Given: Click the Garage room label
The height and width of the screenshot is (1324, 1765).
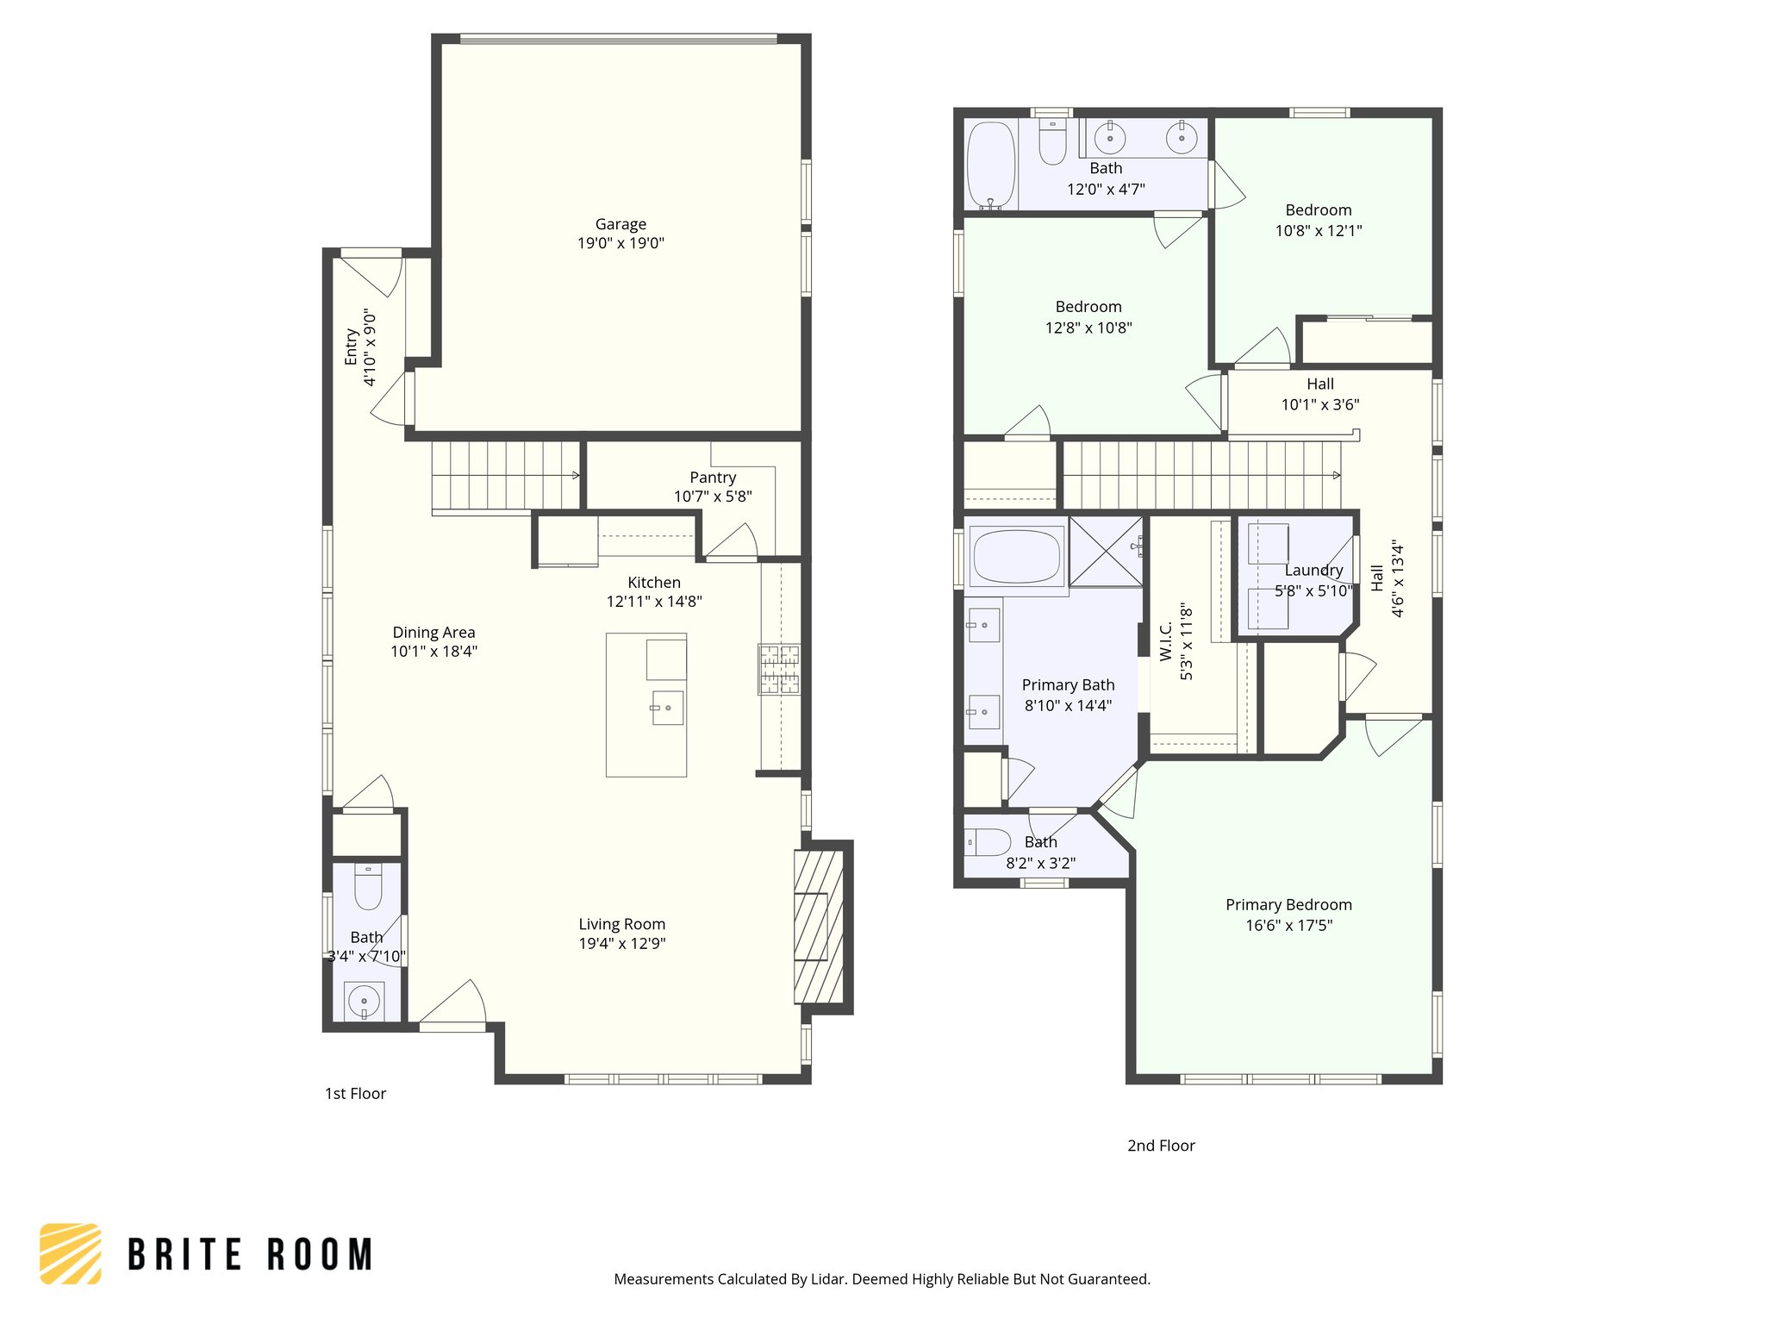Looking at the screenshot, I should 621,224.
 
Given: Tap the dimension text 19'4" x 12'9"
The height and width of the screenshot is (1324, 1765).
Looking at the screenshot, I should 621,943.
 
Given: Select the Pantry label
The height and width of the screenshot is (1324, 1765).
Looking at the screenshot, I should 713,478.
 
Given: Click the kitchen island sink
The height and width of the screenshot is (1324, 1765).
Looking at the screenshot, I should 667,708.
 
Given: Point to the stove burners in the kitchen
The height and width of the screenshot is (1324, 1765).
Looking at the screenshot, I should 779,669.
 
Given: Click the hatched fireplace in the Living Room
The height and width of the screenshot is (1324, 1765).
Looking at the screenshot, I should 818,927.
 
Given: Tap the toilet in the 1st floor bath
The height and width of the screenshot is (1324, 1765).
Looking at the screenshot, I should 368,888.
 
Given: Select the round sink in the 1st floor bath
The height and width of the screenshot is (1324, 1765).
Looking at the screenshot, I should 364,1002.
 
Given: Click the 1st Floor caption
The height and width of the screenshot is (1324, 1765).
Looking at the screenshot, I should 355,1093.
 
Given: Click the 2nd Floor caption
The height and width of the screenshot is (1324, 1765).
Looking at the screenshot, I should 1161,1146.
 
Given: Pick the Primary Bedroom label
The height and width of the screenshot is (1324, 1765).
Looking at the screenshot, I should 1288,904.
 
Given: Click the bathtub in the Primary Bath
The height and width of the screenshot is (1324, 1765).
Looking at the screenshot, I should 1016,556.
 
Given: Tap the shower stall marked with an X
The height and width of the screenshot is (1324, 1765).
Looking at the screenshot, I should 1106,552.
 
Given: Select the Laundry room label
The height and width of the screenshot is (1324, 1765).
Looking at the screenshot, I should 1313,570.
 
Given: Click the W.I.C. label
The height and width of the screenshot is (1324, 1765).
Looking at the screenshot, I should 1166,642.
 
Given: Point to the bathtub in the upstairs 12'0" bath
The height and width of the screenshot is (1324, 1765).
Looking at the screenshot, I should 991,164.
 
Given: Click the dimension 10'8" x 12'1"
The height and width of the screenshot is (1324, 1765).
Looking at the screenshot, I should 1318,230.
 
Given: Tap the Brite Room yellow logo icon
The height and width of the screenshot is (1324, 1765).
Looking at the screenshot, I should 71,1253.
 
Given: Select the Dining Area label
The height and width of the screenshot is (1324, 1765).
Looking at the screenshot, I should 433,632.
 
